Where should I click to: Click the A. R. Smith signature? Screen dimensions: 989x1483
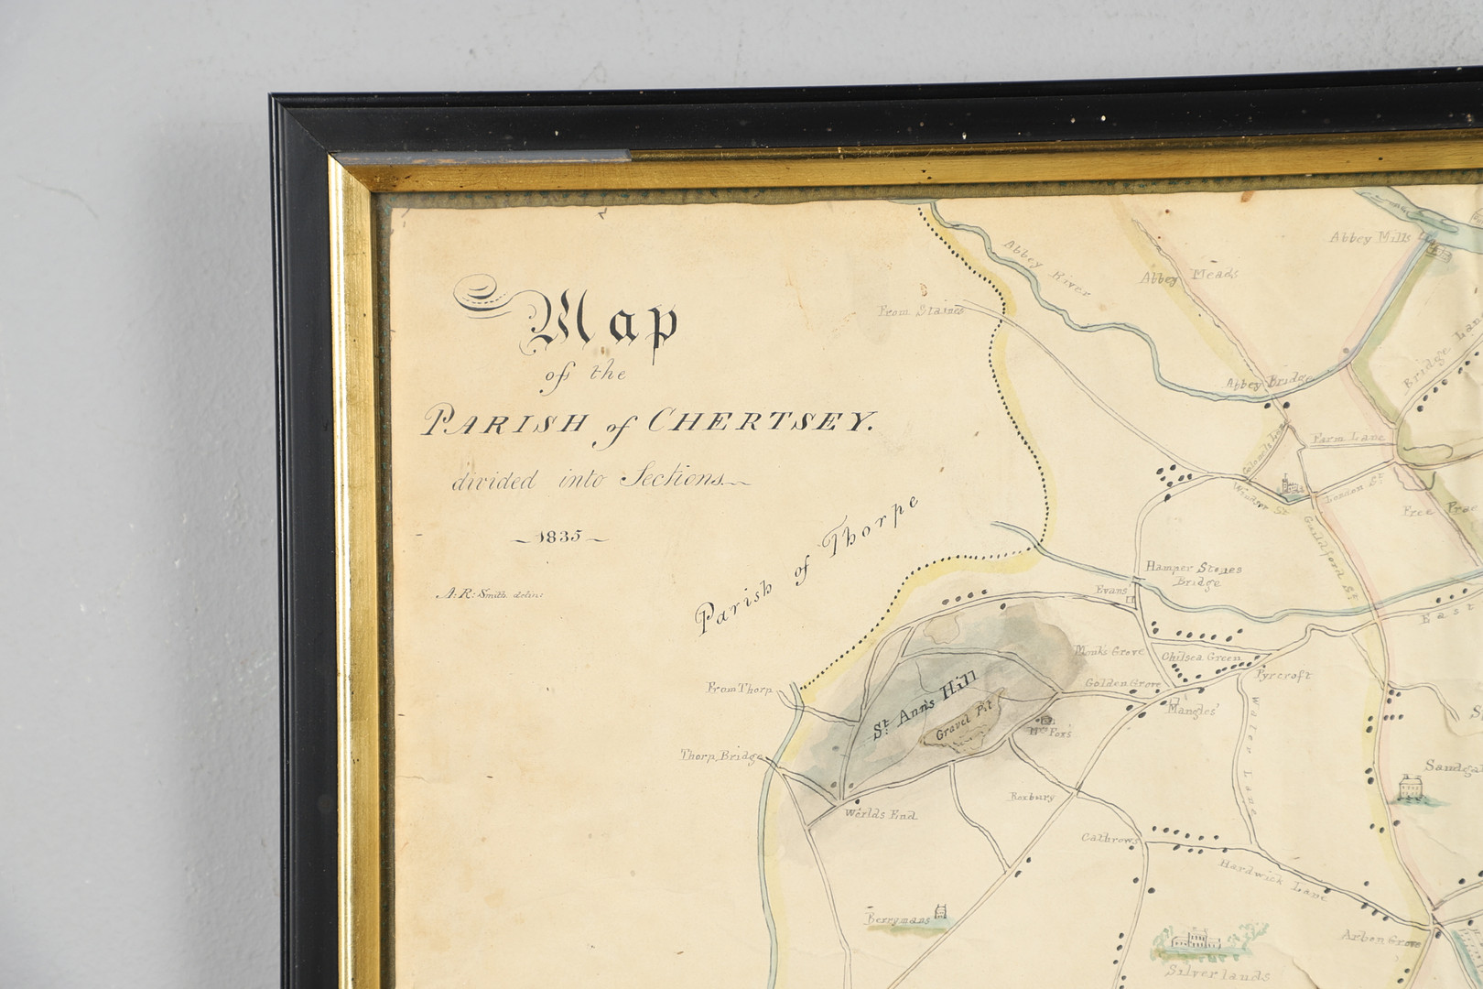tap(490, 593)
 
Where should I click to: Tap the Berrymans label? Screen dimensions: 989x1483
tap(898, 917)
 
